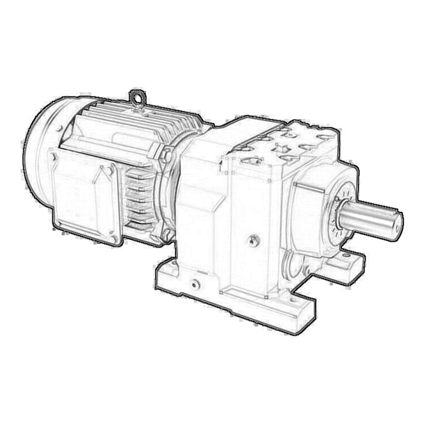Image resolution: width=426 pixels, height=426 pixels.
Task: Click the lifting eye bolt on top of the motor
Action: [x=137, y=97]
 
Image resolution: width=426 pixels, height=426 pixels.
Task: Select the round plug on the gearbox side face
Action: [x=254, y=240]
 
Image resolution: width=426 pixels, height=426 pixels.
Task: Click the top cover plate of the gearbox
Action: [x=290, y=145]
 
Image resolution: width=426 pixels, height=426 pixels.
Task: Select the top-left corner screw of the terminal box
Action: [x=54, y=157]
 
